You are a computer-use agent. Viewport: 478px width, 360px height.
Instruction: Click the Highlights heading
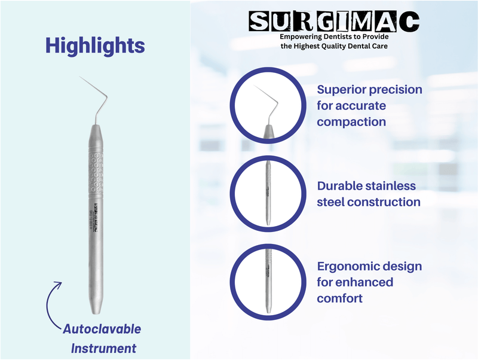coord(94,45)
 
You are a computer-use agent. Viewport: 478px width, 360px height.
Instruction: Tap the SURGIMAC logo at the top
coord(334,22)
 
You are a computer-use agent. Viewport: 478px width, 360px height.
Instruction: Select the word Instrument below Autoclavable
coord(104,348)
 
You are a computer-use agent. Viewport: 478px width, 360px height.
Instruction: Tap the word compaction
coord(351,122)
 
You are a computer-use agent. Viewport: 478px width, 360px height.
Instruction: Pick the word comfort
coord(339,298)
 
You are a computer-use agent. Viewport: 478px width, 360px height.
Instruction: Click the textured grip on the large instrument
coord(95,173)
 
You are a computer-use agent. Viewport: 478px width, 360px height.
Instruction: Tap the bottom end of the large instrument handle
coord(96,308)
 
